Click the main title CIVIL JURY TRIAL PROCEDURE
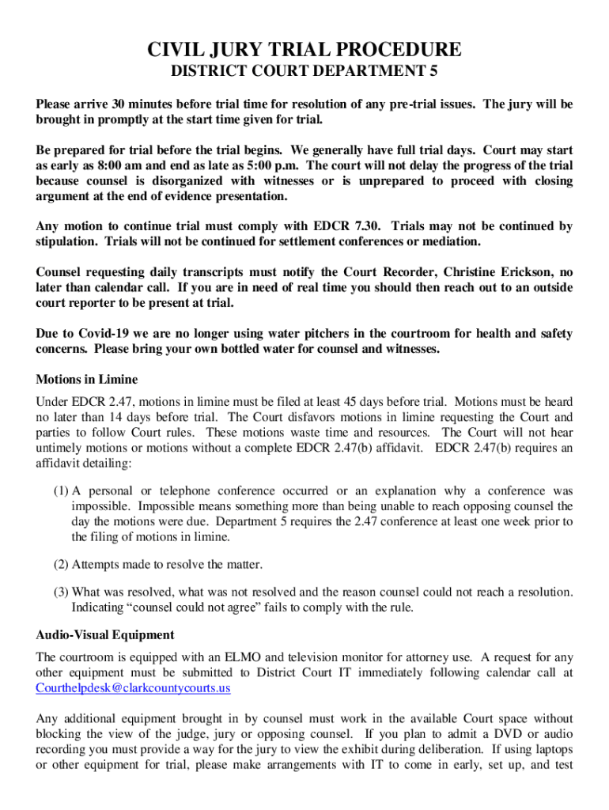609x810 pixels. pos(304,51)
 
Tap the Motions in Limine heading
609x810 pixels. pos(87,380)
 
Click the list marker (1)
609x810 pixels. pos(61,491)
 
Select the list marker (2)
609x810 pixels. pos(61,564)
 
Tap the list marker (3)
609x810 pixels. pos(61,592)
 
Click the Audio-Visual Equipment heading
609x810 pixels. pos(105,635)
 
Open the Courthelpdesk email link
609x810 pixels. pos(133,688)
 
